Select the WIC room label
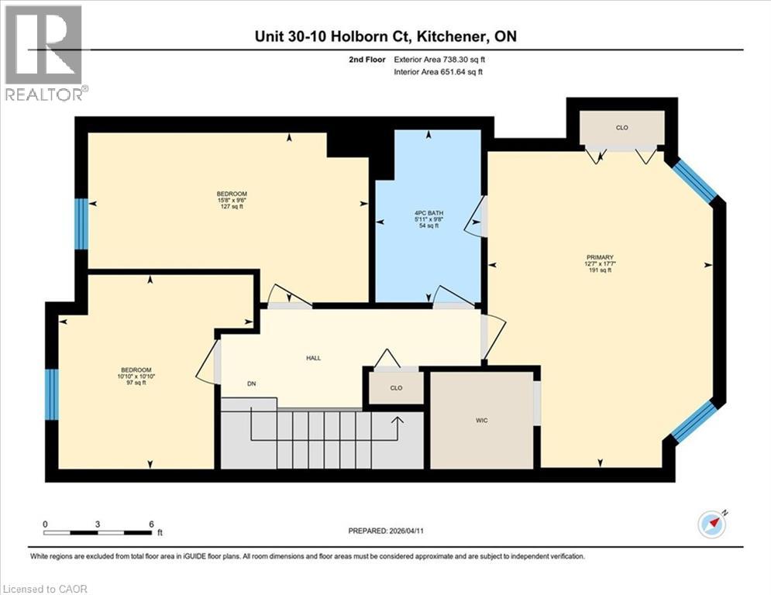[481, 420]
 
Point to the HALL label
[312, 358]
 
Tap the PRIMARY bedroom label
[600, 257]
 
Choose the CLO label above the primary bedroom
[621, 127]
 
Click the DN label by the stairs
[252, 383]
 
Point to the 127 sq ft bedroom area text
[232, 207]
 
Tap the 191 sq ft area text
[600, 271]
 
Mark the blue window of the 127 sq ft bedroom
[81, 224]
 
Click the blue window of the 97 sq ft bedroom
[51, 394]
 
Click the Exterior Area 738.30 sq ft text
[443, 59]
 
